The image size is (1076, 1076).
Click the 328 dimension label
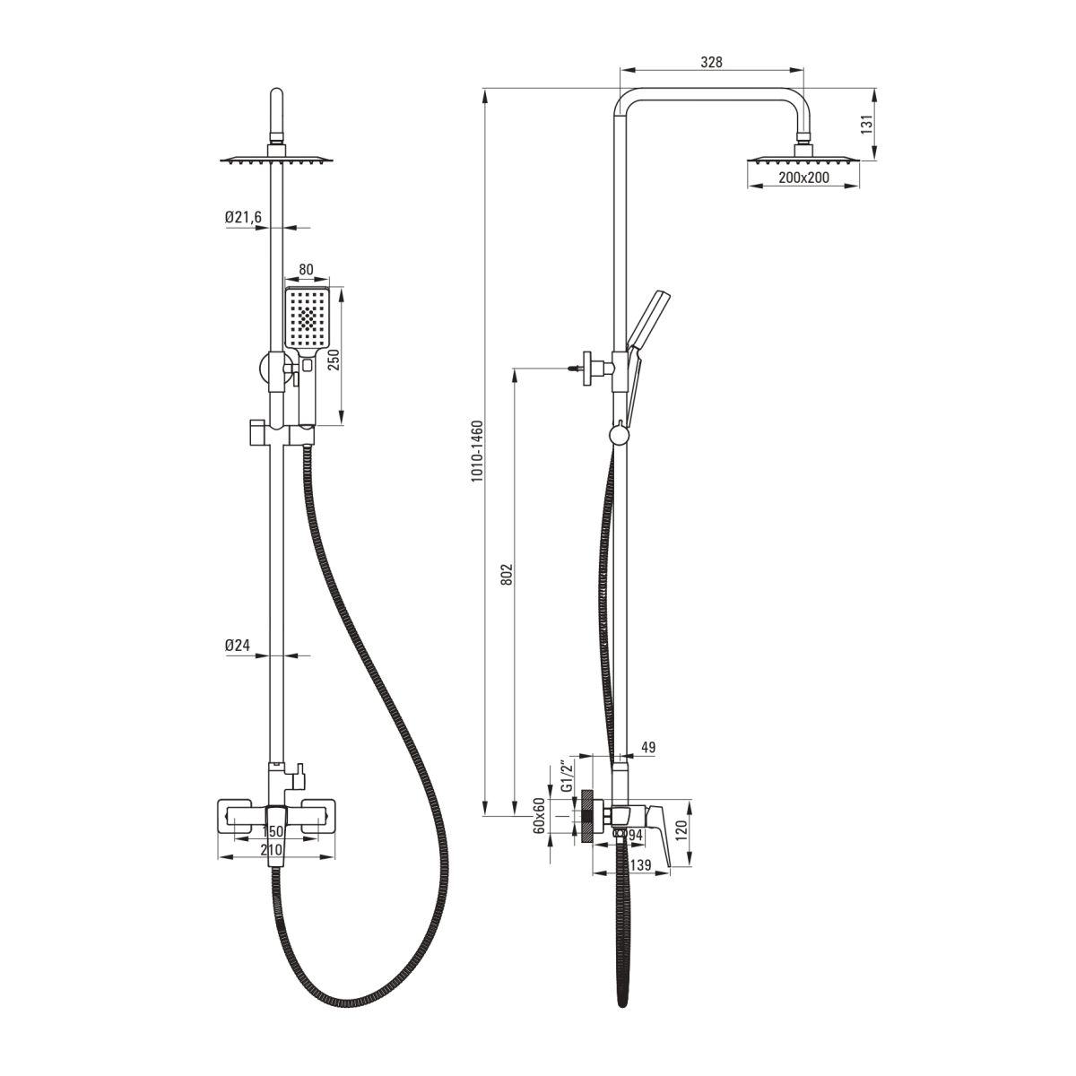(711, 62)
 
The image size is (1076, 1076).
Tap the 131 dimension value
(866, 124)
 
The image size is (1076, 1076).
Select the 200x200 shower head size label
(803, 178)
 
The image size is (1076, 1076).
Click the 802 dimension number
(507, 574)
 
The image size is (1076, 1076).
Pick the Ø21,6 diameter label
(243, 217)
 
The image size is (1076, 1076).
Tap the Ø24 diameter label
(238, 646)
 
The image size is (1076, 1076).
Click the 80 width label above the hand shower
(306, 270)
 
